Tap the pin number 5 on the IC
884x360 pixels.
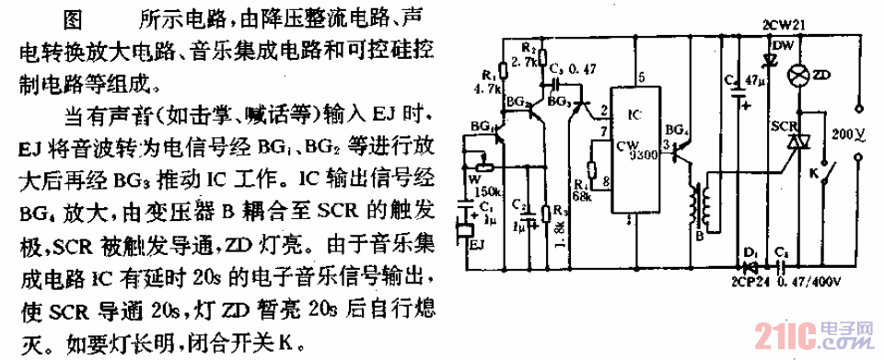[639, 77]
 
